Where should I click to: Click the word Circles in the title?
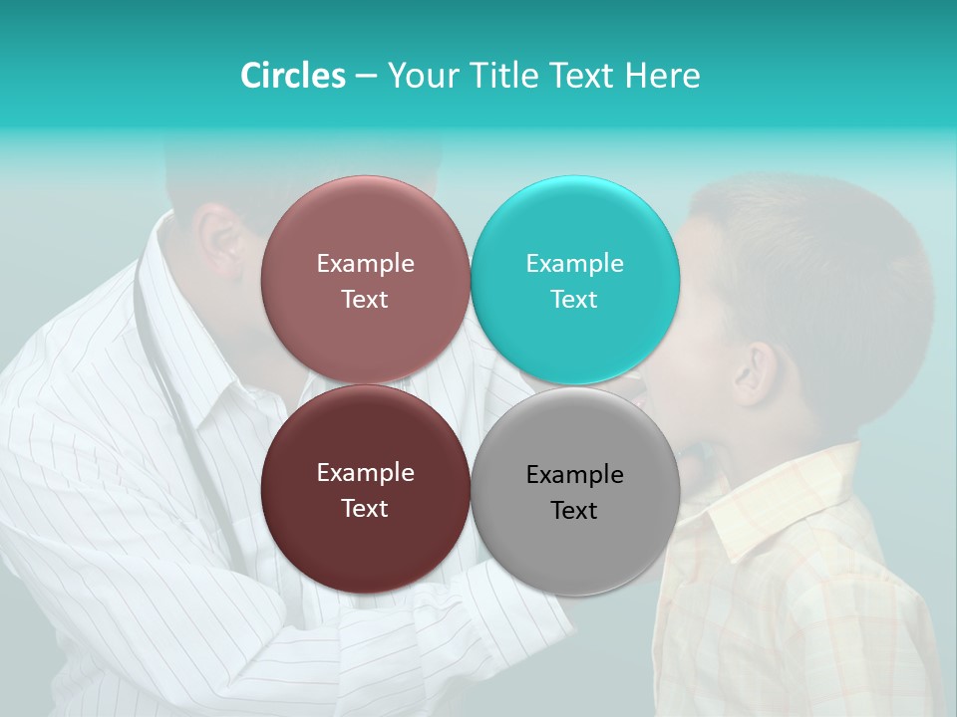point(292,76)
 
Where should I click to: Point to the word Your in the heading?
point(420,76)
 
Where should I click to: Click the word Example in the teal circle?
point(574,263)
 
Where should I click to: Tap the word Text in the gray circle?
point(574,510)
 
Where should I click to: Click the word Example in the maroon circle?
point(365,472)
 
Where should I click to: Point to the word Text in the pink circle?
point(365,299)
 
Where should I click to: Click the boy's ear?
point(754,370)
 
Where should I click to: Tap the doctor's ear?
point(219,245)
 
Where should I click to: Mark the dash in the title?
point(366,76)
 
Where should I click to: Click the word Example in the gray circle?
point(574,474)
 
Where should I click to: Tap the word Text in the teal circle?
point(574,299)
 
